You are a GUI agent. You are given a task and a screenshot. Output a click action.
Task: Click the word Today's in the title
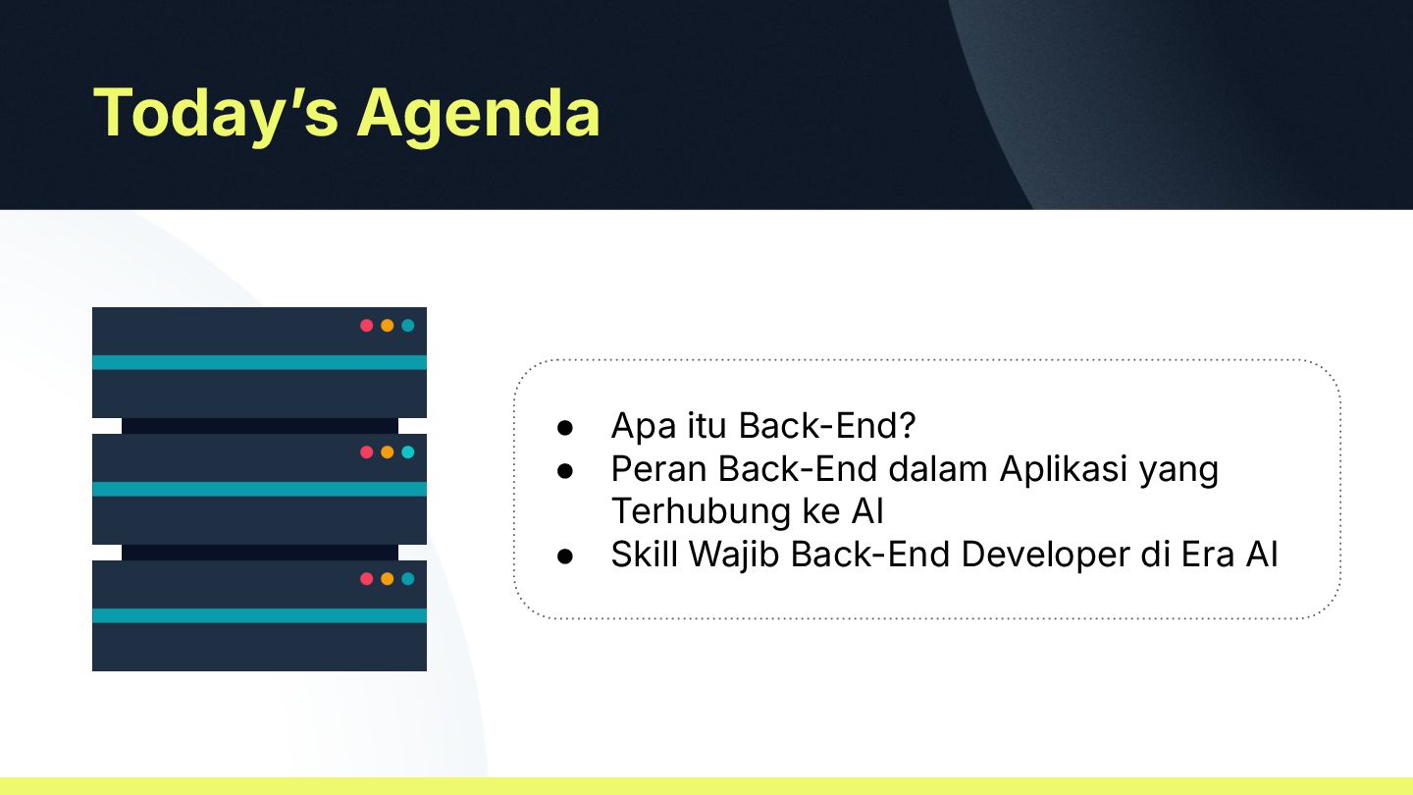point(216,114)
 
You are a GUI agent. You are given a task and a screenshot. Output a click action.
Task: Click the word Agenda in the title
point(478,115)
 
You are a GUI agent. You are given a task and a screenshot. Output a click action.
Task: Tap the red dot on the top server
point(367,326)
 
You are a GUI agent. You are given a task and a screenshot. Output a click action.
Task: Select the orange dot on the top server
point(388,326)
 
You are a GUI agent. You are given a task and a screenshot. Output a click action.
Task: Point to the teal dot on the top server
point(408,326)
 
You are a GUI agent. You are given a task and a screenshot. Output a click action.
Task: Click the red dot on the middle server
point(367,451)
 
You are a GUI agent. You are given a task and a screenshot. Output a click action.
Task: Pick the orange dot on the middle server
point(388,451)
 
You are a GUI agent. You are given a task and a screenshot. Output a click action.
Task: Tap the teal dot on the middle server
point(408,451)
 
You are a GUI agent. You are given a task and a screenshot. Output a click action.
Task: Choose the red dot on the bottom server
point(367,579)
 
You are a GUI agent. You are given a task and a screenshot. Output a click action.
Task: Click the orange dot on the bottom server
point(388,579)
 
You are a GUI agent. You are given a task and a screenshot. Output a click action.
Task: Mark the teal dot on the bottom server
point(408,579)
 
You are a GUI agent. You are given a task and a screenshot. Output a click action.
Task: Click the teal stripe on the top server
point(259,362)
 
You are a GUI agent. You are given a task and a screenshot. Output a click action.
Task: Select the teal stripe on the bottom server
point(259,615)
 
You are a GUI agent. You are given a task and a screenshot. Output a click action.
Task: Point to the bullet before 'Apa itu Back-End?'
point(565,428)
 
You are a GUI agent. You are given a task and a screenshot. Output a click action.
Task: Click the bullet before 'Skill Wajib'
point(565,556)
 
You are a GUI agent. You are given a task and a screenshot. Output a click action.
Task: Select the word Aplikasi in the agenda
point(1064,470)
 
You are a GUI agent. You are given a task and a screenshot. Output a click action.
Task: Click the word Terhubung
point(701,511)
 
